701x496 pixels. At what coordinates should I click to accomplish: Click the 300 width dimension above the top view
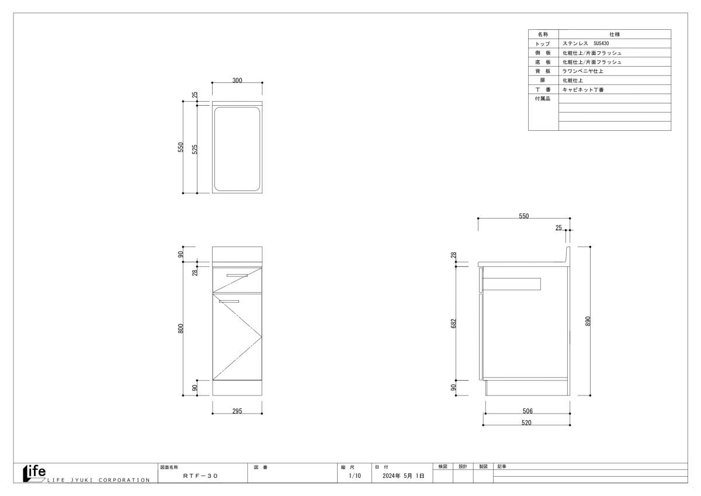click(237, 81)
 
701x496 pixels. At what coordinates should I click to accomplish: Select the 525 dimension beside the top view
click(195, 150)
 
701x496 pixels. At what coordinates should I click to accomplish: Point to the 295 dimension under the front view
click(237, 411)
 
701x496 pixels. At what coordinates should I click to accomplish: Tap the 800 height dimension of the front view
click(181, 328)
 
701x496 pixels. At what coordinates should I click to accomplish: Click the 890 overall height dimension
click(588, 321)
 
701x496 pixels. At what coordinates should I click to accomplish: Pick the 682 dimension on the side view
click(454, 323)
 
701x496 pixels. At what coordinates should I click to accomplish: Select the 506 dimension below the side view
click(528, 411)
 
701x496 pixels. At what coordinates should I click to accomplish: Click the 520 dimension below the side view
click(526, 423)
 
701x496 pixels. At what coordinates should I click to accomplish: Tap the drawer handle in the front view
click(237, 276)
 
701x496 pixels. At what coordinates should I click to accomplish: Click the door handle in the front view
click(229, 301)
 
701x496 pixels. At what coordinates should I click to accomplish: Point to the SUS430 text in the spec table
click(601, 43)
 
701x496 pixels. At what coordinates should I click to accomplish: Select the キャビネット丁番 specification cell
click(583, 90)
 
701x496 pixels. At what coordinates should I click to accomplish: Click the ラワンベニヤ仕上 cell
click(583, 71)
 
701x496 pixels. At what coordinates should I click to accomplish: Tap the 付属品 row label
click(542, 99)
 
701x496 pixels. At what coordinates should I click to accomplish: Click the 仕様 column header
click(615, 34)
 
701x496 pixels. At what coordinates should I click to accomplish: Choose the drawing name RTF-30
click(200, 476)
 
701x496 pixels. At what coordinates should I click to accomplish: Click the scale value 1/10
click(355, 476)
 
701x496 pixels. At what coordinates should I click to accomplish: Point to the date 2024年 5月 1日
click(404, 476)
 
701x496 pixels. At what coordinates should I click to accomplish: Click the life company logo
click(34, 473)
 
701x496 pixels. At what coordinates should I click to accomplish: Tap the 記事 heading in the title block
click(502, 467)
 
